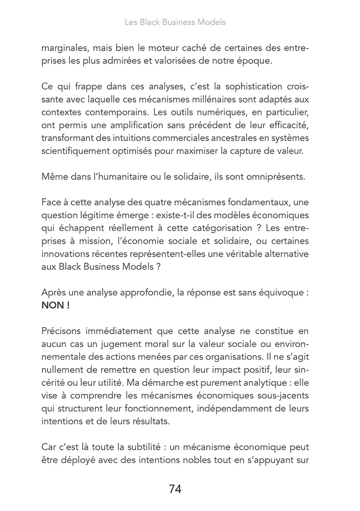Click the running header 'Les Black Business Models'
point(175,22)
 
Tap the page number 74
point(175,489)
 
